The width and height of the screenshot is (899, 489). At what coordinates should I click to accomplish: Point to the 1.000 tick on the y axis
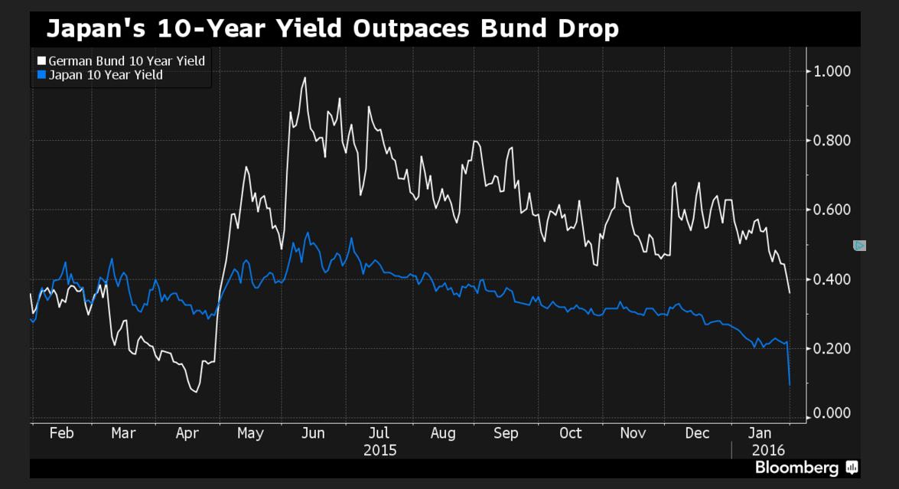pos(830,71)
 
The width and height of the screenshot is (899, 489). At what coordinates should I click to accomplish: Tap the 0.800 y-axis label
pos(830,140)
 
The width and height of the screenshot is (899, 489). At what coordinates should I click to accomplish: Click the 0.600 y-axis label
pos(830,210)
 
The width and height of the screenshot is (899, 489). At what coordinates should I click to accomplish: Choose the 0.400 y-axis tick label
pos(830,279)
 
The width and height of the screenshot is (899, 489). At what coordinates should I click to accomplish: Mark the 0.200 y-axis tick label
pos(830,348)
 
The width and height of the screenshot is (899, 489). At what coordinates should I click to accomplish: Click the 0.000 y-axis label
pos(830,413)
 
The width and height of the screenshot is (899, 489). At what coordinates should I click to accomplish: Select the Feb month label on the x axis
pos(61,433)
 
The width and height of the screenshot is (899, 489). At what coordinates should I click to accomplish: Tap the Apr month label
pos(187,433)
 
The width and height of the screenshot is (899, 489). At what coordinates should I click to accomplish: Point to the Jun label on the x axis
pos(314,433)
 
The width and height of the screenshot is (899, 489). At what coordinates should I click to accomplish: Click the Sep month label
pos(506,433)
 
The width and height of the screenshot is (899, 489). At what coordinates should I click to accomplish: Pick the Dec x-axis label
pos(697,433)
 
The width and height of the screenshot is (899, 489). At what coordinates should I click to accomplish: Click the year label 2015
pos(379,450)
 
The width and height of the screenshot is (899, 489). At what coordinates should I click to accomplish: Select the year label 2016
pos(767,450)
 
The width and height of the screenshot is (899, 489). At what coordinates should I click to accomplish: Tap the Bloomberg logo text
pos(798,467)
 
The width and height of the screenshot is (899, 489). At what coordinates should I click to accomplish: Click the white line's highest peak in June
pos(305,77)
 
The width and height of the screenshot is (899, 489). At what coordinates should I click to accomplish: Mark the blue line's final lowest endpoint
pos(789,384)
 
